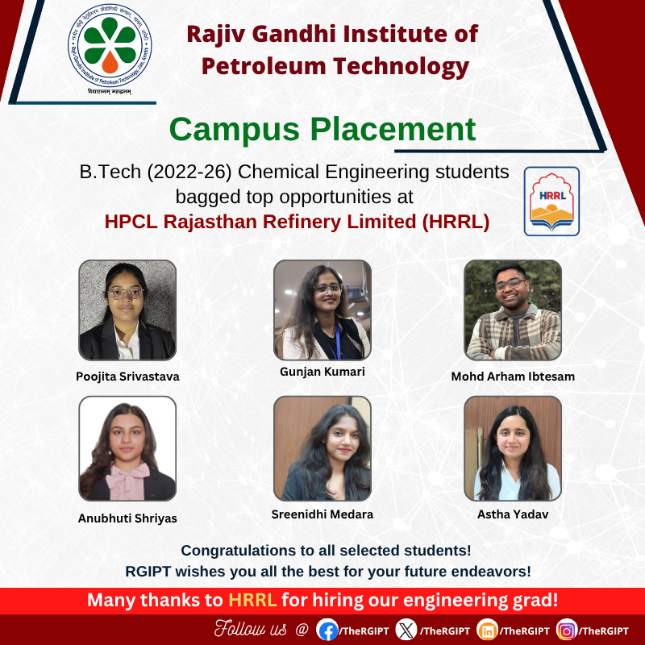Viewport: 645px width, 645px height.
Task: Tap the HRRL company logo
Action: [x=551, y=201]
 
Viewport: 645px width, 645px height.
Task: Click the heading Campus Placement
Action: [x=322, y=129]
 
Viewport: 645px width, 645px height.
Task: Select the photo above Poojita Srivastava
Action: [x=127, y=310]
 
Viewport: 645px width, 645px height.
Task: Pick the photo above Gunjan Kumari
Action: [x=322, y=310]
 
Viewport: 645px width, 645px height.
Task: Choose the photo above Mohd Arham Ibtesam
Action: [x=513, y=310]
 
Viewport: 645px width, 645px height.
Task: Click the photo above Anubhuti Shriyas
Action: [x=127, y=448]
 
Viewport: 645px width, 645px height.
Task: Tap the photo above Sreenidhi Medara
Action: [x=322, y=448]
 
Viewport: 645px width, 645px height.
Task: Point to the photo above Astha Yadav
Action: [x=513, y=448]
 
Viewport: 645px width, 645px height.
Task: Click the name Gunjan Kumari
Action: [x=322, y=372]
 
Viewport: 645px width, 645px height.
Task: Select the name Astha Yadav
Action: [x=513, y=514]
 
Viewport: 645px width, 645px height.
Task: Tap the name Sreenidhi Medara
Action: [x=322, y=514]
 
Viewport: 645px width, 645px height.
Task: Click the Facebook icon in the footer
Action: [x=327, y=630]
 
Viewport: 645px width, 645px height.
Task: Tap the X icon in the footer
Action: [x=406, y=630]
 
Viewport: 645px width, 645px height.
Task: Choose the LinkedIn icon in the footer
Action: [x=487, y=630]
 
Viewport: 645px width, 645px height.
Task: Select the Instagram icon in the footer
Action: [x=567, y=630]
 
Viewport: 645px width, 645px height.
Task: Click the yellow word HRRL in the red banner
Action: [x=252, y=601]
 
